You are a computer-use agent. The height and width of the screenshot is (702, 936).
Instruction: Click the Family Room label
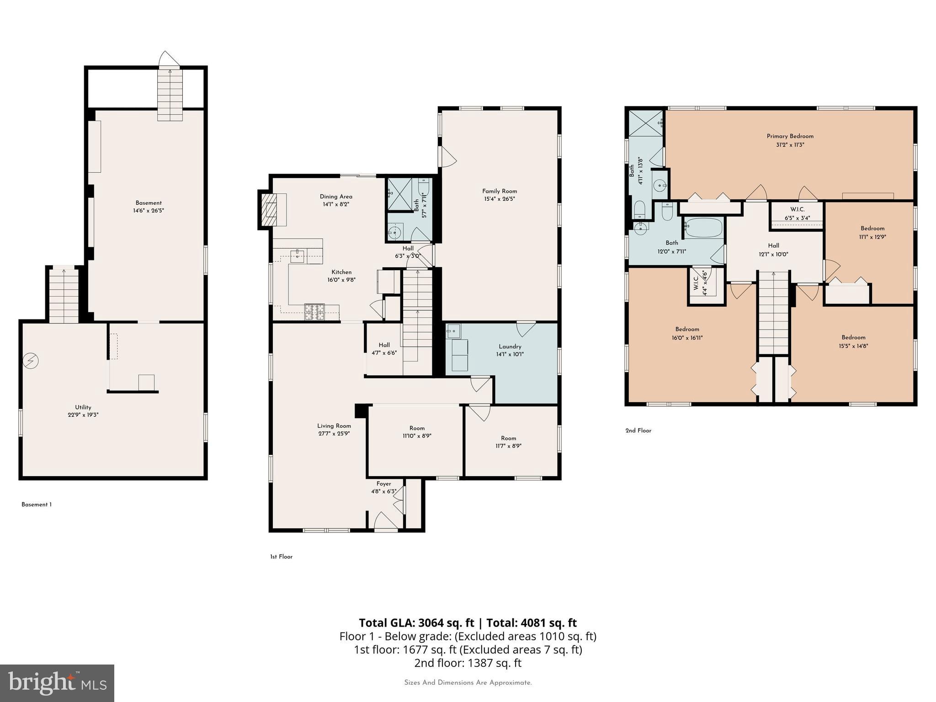coord(500,191)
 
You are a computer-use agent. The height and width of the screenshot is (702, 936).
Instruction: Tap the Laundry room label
coord(510,346)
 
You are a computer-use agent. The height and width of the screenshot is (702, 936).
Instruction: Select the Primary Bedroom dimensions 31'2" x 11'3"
coord(790,145)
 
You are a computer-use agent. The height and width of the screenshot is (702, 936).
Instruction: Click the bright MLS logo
coord(57,683)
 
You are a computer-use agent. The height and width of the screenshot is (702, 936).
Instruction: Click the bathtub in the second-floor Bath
coord(704,227)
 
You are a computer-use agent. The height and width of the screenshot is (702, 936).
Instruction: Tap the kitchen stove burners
coord(314,312)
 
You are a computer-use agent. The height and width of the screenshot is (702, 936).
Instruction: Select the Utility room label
coord(83,407)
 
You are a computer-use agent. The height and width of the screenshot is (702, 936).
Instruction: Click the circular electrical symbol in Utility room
coord(31,362)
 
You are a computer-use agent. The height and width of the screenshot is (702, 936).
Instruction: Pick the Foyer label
coord(383,484)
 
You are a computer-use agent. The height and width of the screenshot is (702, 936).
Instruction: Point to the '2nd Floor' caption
coord(638,431)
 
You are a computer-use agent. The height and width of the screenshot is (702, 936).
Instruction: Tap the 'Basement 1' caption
coord(37,505)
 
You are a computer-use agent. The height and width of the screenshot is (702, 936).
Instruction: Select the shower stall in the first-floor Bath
coord(399,195)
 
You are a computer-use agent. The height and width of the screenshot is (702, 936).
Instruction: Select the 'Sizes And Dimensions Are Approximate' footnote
coord(468,683)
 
